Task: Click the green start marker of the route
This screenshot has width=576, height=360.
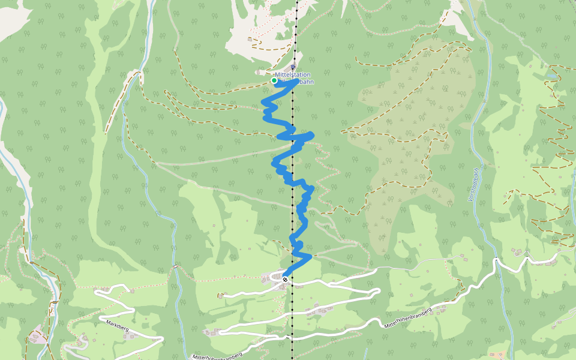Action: (x=274, y=80)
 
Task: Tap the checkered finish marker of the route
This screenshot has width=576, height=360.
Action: (x=285, y=278)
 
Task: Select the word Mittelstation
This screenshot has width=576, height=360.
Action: (x=293, y=74)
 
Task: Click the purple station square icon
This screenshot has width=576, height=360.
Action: (x=293, y=67)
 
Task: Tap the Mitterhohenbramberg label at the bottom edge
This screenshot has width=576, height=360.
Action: (x=217, y=355)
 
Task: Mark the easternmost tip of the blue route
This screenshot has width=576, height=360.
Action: (x=313, y=133)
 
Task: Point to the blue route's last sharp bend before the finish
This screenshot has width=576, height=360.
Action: (x=310, y=256)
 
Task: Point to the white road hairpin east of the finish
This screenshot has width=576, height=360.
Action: (x=378, y=292)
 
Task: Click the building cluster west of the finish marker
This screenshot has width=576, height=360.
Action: (x=266, y=277)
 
